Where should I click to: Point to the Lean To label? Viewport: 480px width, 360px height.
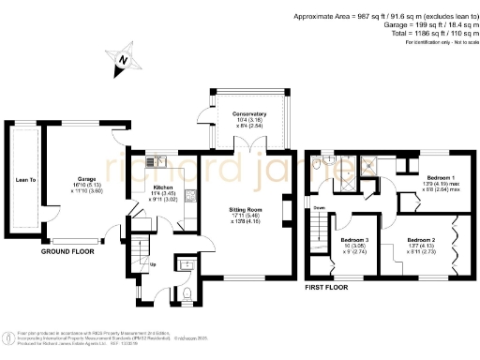[26, 179]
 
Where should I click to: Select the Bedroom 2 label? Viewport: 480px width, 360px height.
[419, 241]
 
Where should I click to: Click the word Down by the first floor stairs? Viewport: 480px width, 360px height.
[319, 209]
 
